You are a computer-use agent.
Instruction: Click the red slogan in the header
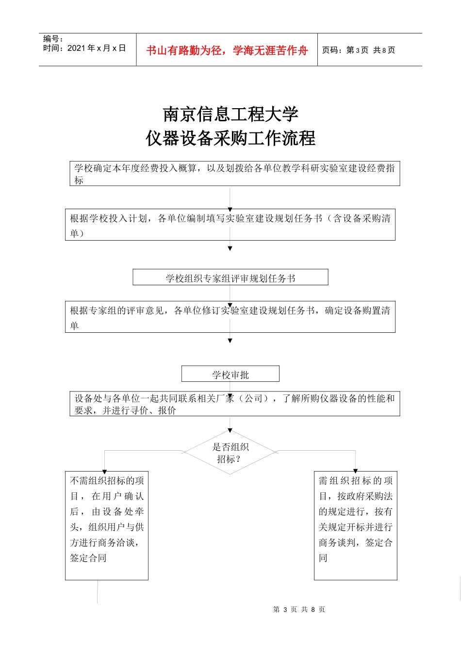(227, 50)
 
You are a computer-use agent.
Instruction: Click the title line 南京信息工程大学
(230, 114)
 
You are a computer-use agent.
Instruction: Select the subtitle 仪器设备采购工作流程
(230, 138)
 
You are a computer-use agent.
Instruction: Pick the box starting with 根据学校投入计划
(230, 225)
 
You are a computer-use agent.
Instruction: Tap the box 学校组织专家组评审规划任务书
(230, 277)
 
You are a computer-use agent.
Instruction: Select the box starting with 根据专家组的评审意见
(230, 317)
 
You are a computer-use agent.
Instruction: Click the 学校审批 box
(230, 374)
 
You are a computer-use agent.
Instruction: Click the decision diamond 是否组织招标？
(230, 453)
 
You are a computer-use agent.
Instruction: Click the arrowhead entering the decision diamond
(230, 430)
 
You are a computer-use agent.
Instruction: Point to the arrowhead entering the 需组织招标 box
(356, 471)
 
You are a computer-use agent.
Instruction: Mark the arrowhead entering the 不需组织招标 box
(104, 471)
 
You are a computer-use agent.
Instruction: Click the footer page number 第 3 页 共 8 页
(299, 609)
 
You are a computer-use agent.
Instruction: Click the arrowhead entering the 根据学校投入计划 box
(230, 209)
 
